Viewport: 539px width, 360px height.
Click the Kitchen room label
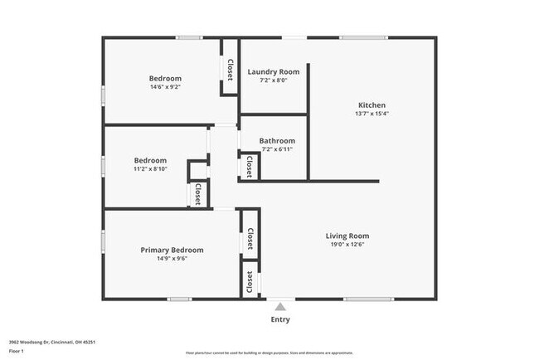pyautogui.click(x=371, y=105)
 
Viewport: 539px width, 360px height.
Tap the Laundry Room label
pyautogui.click(x=274, y=71)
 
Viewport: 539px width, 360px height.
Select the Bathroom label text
pyautogui.click(x=277, y=141)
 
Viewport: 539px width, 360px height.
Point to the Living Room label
pyautogui.click(x=347, y=236)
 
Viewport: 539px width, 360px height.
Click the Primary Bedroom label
pyautogui.click(x=172, y=250)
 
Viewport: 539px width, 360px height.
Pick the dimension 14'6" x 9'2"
pyautogui.click(x=165, y=87)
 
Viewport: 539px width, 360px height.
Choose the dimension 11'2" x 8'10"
pyautogui.click(x=150, y=169)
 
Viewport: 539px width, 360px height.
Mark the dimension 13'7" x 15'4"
pyautogui.click(x=371, y=114)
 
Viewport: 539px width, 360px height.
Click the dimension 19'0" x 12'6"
pyautogui.click(x=347, y=245)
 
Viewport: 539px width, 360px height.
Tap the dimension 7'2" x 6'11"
pyautogui.click(x=277, y=149)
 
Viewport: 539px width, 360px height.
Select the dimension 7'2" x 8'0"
pyautogui.click(x=274, y=80)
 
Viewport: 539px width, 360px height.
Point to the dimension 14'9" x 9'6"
pyautogui.click(x=172, y=259)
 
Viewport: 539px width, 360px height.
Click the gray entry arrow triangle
pyautogui.click(x=280, y=307)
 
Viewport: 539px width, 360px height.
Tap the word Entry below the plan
pyautogui.click(x=280, y=320)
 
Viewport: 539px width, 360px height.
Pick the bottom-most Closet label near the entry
pyautogui.click(x=250, y=282)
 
